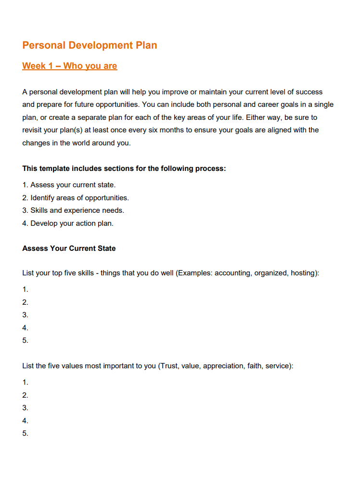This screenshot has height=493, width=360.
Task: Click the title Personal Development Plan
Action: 90,45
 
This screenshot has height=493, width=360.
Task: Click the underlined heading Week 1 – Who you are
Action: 69,66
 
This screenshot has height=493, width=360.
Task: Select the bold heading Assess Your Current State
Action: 69,248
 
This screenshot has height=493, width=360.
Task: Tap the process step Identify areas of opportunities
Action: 79,198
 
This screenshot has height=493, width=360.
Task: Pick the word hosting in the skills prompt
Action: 303,273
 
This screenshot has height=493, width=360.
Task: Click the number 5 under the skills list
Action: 25,340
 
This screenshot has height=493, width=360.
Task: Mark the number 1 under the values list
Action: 25,382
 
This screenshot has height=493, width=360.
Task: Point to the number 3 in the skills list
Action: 25,315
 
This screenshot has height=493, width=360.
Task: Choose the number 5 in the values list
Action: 25,433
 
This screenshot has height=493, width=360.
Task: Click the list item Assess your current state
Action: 73,185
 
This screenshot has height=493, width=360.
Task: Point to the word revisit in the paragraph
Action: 33,130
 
